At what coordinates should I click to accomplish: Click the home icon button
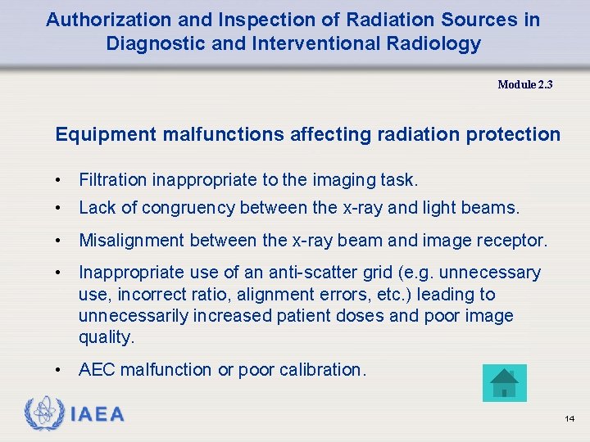click(x=505, y=383)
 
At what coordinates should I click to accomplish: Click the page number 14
click(x=570, y=419)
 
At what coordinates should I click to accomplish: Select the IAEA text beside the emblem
click(x=98, y=415)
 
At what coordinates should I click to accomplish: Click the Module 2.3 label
click(x=525, y=84)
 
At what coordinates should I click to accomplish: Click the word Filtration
click(x=112, y=180)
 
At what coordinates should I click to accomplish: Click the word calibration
click(x=320, y=370)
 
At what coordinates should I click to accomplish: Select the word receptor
click(x=518, y=241)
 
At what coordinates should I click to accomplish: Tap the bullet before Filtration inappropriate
click(x=60, y=180)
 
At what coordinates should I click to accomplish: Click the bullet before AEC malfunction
click(x=60, y=370)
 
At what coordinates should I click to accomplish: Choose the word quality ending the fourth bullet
click(x=105, y=337)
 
